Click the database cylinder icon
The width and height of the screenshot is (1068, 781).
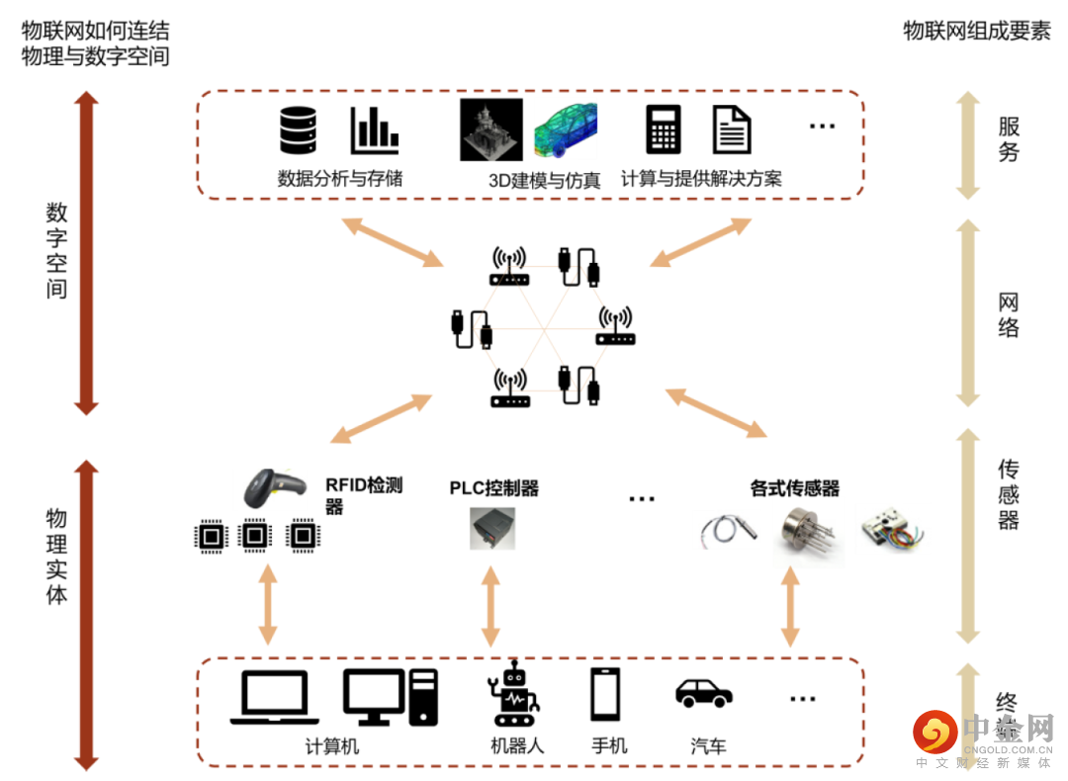(298, 130)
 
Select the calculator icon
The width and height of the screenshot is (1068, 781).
(664, 130)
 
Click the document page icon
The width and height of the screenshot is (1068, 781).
(732, 130)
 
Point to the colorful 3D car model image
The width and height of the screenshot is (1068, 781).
(566, 129)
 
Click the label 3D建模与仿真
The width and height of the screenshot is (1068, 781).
(544, 180)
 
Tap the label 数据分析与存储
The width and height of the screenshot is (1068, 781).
(340, 179)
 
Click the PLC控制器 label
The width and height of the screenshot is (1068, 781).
(494, 487)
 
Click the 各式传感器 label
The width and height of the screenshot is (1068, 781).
(795, 487)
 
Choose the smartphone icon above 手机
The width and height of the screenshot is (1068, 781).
(605, 694)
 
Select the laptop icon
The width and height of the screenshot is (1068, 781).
(275, 698)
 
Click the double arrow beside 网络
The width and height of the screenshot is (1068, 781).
(968, 312)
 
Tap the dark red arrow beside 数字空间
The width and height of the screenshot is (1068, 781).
(86, 253)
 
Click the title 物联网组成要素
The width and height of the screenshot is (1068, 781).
(976, 31)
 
